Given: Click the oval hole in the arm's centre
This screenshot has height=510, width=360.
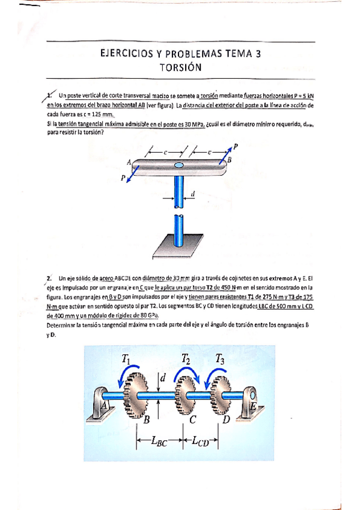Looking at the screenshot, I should click(179, 165).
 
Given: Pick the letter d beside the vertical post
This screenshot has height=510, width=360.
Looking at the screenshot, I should click(192, 194).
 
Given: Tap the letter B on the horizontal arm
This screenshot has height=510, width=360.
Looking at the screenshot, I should click(229, 160).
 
